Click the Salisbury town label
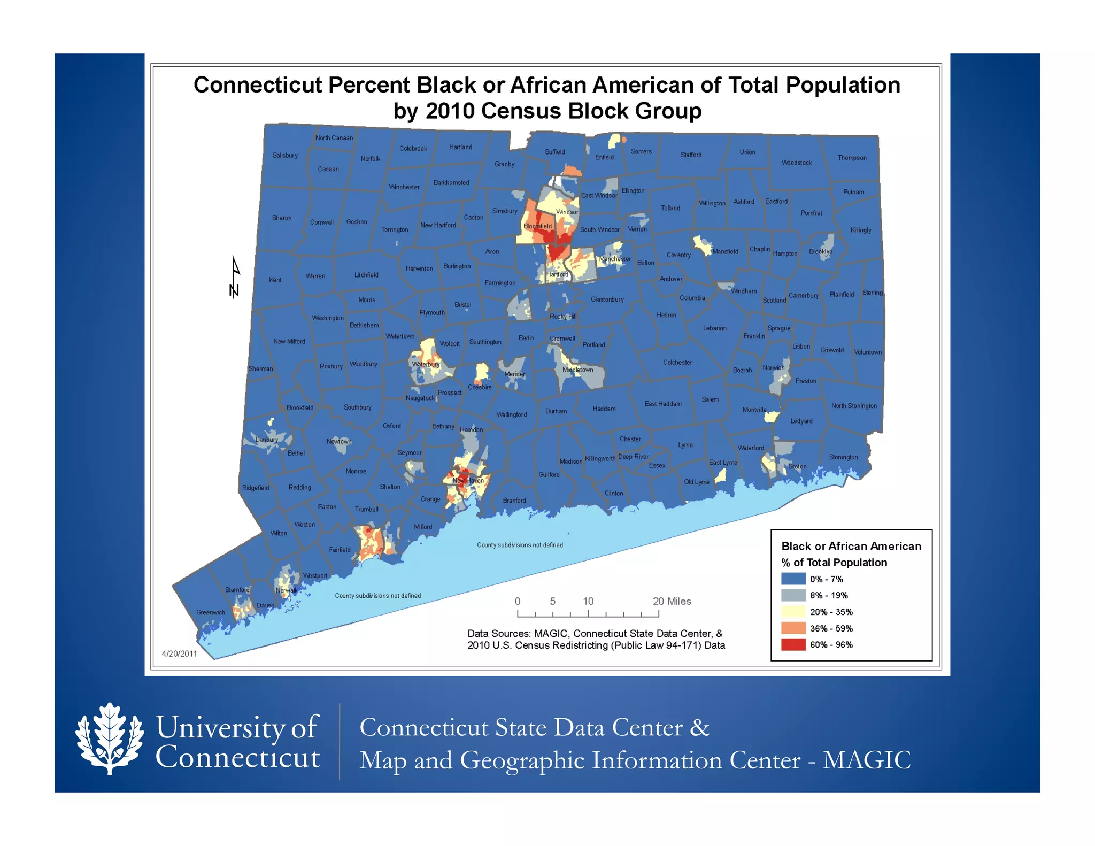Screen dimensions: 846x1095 [285, 156]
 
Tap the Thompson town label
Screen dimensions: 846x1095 [852, 158]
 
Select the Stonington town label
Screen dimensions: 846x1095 [843, 457]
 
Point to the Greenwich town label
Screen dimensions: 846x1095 [211, 612]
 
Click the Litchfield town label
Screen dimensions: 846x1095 [366, 275]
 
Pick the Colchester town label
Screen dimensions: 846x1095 [677, 363]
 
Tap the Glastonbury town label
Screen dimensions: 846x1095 [607, 299]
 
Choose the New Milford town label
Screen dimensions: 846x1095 [289, 341]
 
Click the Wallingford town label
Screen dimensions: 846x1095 [512, 414]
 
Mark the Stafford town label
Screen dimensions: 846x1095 [691, 155]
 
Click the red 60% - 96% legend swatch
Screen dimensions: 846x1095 [793, 644]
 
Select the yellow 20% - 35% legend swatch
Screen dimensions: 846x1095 [793, 612]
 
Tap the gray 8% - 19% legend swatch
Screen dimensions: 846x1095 [793, 595]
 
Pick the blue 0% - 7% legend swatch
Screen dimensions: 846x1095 [793, 579]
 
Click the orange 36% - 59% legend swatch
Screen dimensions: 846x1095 [793, 628]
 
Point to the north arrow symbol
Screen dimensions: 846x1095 [235, 277]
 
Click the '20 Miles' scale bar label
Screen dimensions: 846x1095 [672, 601]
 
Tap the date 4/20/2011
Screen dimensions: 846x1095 [180, 653]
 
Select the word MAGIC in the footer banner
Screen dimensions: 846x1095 [866, 760]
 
